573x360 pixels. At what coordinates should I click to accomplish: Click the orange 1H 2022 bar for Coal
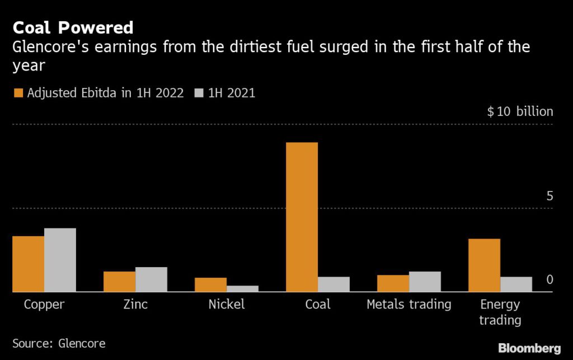coord(302,217)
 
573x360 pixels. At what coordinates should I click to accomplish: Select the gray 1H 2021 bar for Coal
coord(334,284)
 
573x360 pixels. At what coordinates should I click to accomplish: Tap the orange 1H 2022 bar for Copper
coord(28,264)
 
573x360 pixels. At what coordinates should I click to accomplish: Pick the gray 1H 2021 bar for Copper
coord(60,260)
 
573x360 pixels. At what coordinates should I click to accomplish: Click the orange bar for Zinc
coord(119,282)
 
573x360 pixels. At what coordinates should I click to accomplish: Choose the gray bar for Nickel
coord(242,289)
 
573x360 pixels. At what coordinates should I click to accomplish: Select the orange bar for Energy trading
coord(484,265)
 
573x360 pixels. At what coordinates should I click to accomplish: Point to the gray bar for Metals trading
coord(425,282)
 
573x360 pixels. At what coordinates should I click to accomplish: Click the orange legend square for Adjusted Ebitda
coord(17,93)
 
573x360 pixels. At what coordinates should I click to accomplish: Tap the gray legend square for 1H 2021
coord(198,93)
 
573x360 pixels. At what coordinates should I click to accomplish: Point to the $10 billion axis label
coord(520,111)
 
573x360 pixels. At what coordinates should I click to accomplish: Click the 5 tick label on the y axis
coord(549,196)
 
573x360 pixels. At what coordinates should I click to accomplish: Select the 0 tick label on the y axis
coord(549,279)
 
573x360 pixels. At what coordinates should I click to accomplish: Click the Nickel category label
coord(226,305)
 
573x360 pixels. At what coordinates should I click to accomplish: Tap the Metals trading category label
coord(408,305)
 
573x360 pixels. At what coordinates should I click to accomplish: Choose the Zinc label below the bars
coord(135,305)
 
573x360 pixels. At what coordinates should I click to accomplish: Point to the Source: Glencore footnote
coord(59,343)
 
